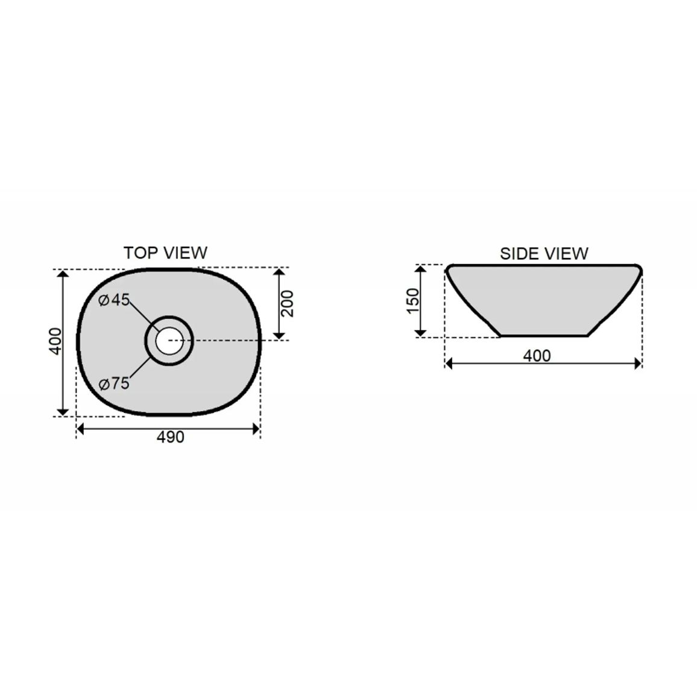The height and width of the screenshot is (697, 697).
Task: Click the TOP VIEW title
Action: coord(165,253)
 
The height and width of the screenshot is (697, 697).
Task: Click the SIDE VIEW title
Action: coord(544,254)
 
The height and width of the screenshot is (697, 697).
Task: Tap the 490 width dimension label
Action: coord(170,437)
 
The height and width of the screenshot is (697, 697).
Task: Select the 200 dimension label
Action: coord(288,304)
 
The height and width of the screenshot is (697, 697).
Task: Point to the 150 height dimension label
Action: coord(413,301)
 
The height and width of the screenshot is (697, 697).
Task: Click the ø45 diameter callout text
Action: coord(114,300)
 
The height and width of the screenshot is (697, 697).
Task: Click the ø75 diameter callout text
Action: coord(114,383)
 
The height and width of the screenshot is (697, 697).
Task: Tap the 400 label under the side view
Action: coord(537,356)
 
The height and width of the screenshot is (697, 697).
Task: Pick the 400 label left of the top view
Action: coord(55,341)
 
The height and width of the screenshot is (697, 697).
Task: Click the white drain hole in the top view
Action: coord(169,341)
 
